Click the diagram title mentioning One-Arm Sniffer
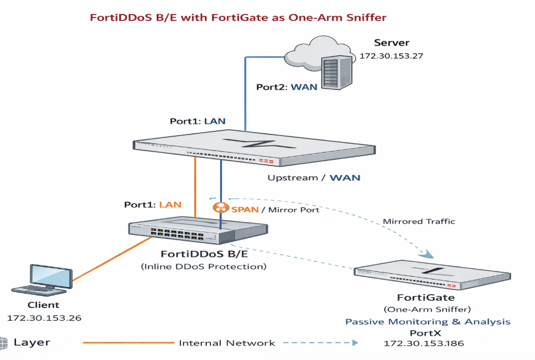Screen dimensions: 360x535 point(238,17)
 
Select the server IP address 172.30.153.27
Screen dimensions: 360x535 point(391,56)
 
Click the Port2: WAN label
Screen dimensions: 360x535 point(287,87)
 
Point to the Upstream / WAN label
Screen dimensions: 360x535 point(314,177)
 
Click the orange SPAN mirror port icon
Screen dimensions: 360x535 point(221,208)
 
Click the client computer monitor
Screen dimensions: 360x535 point(52,275)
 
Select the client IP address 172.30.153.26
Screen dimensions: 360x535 point(44,318)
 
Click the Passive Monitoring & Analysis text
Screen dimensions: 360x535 point(428,321)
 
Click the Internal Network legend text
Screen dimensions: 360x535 point(227,343)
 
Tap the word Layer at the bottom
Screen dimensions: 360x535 point(32,342)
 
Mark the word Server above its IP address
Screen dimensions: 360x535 point(392,43)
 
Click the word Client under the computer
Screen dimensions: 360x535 point(43,305)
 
